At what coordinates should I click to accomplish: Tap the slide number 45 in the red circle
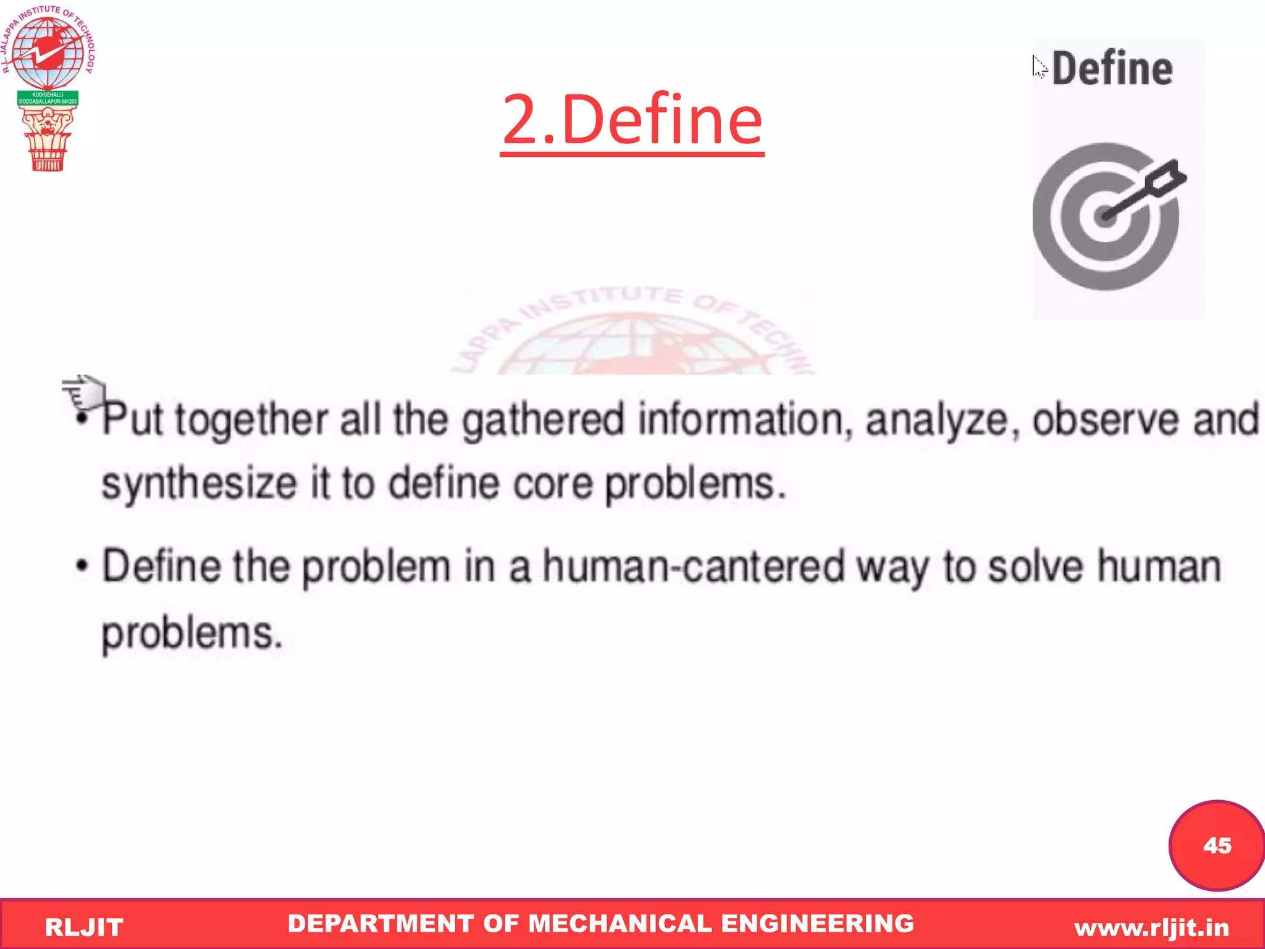point(1216,845)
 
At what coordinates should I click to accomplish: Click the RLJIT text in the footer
point(84,927)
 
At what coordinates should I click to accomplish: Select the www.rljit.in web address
point(1151,927)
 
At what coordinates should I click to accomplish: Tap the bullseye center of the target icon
point(1104,216)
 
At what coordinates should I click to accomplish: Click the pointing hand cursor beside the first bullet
point(84,392)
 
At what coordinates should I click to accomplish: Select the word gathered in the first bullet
point(544,420)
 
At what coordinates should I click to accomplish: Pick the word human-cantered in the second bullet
point(693,566)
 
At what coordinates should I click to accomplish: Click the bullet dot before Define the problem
point(81,566)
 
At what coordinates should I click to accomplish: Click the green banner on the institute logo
point(48,98)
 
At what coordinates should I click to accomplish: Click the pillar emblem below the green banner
point(48,139)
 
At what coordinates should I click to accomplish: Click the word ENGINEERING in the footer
point(817,923)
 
